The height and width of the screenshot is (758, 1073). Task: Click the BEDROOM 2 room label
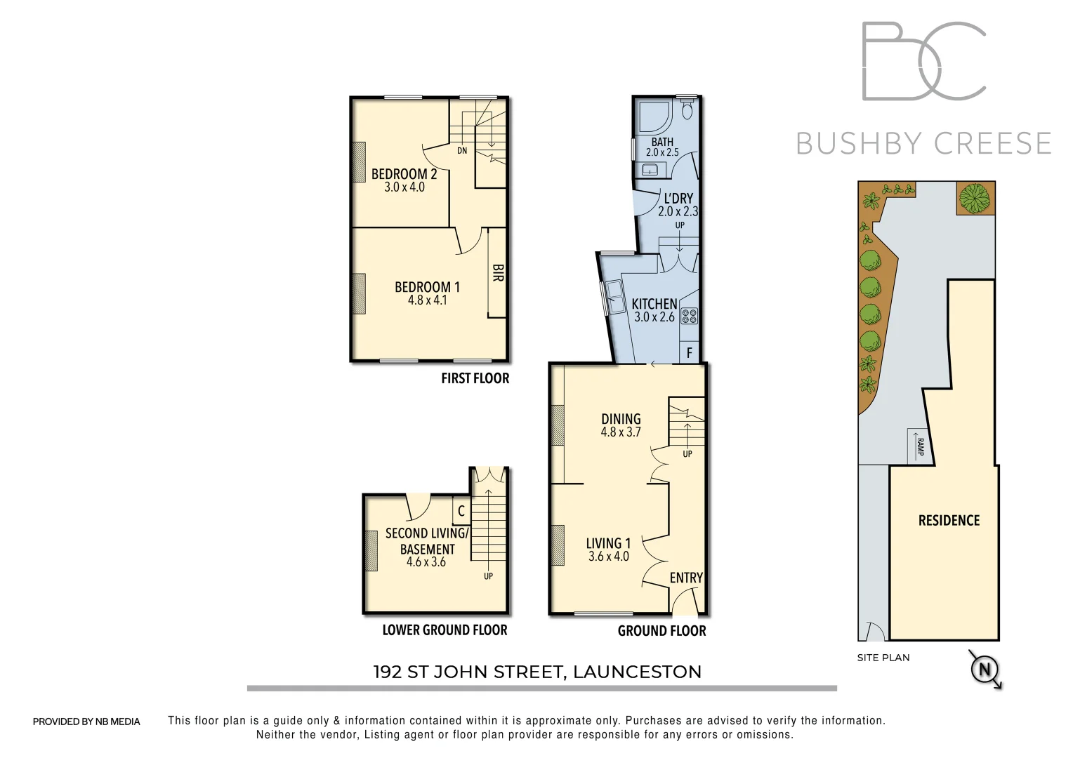pyautogui.click(x=404, y=174)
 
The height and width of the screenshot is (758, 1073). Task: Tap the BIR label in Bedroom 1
pyautogui.click(x=497, y=273)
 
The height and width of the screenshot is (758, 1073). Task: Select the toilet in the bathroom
pyautogui.click(x=687, y=110)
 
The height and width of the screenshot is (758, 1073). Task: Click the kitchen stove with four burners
pyautogui.click(x=689, y=317)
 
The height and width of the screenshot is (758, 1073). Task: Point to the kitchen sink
pyautogui.click(x=617, y=298)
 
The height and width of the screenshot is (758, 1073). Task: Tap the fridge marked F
pyautogui.click(x=690, y=353)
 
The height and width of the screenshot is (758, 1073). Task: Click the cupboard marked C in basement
pyautogui.click(x=461, y=512)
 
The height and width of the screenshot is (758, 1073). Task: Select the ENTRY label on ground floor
pyautogui.click(x=685, y=578)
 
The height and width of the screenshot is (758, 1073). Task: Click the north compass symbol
pyautogui.click(x=984, y=670)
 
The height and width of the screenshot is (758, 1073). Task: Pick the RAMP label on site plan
pyautogui.click(x=919, y=446)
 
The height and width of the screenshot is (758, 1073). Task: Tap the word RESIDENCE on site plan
pyautogui.click(x=949, y=520)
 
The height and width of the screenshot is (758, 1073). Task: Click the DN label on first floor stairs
pyautogui.click(x=461, y=151)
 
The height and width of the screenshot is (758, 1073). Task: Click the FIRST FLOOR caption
pyautogui.click(x=475, y=378)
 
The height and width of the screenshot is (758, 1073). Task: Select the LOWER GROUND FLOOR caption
pyautogui.click(x=445, y=630)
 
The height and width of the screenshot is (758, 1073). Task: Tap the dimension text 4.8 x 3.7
pyautogui.click(x=621, y=432)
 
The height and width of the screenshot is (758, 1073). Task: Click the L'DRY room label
pyautogui.click(x=678, y=199)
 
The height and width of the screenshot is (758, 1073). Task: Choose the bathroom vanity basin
pyautogui.click(x=649, y=169)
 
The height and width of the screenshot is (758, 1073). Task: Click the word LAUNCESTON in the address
pyautogui.click(x=637, y=672)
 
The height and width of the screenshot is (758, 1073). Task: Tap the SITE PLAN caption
pyautogui.click(x=883, y=658)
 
